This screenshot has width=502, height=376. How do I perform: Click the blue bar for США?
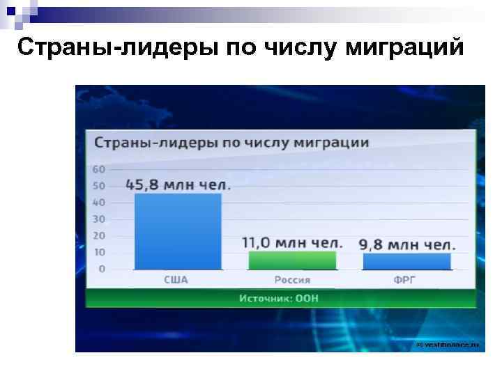(x=178, y=231)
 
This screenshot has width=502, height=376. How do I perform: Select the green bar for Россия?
(x=292, y=260)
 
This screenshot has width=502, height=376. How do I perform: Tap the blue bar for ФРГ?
(x=406, y=261)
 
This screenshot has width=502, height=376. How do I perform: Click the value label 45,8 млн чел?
(x=178, y=185)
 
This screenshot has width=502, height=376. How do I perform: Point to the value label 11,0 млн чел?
(x=292, y=243)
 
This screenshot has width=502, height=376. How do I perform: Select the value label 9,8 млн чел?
(x=407, y=244)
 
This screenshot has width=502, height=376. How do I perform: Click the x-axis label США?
(x=176, y=280)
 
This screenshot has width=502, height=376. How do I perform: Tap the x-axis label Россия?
(x=291, y=280)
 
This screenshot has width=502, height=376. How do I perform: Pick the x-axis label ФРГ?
(x=406, y=280)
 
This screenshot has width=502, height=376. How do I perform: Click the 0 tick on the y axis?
(x=102, y=269)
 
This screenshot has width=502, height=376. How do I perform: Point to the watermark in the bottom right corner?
(x=448, y=345)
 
